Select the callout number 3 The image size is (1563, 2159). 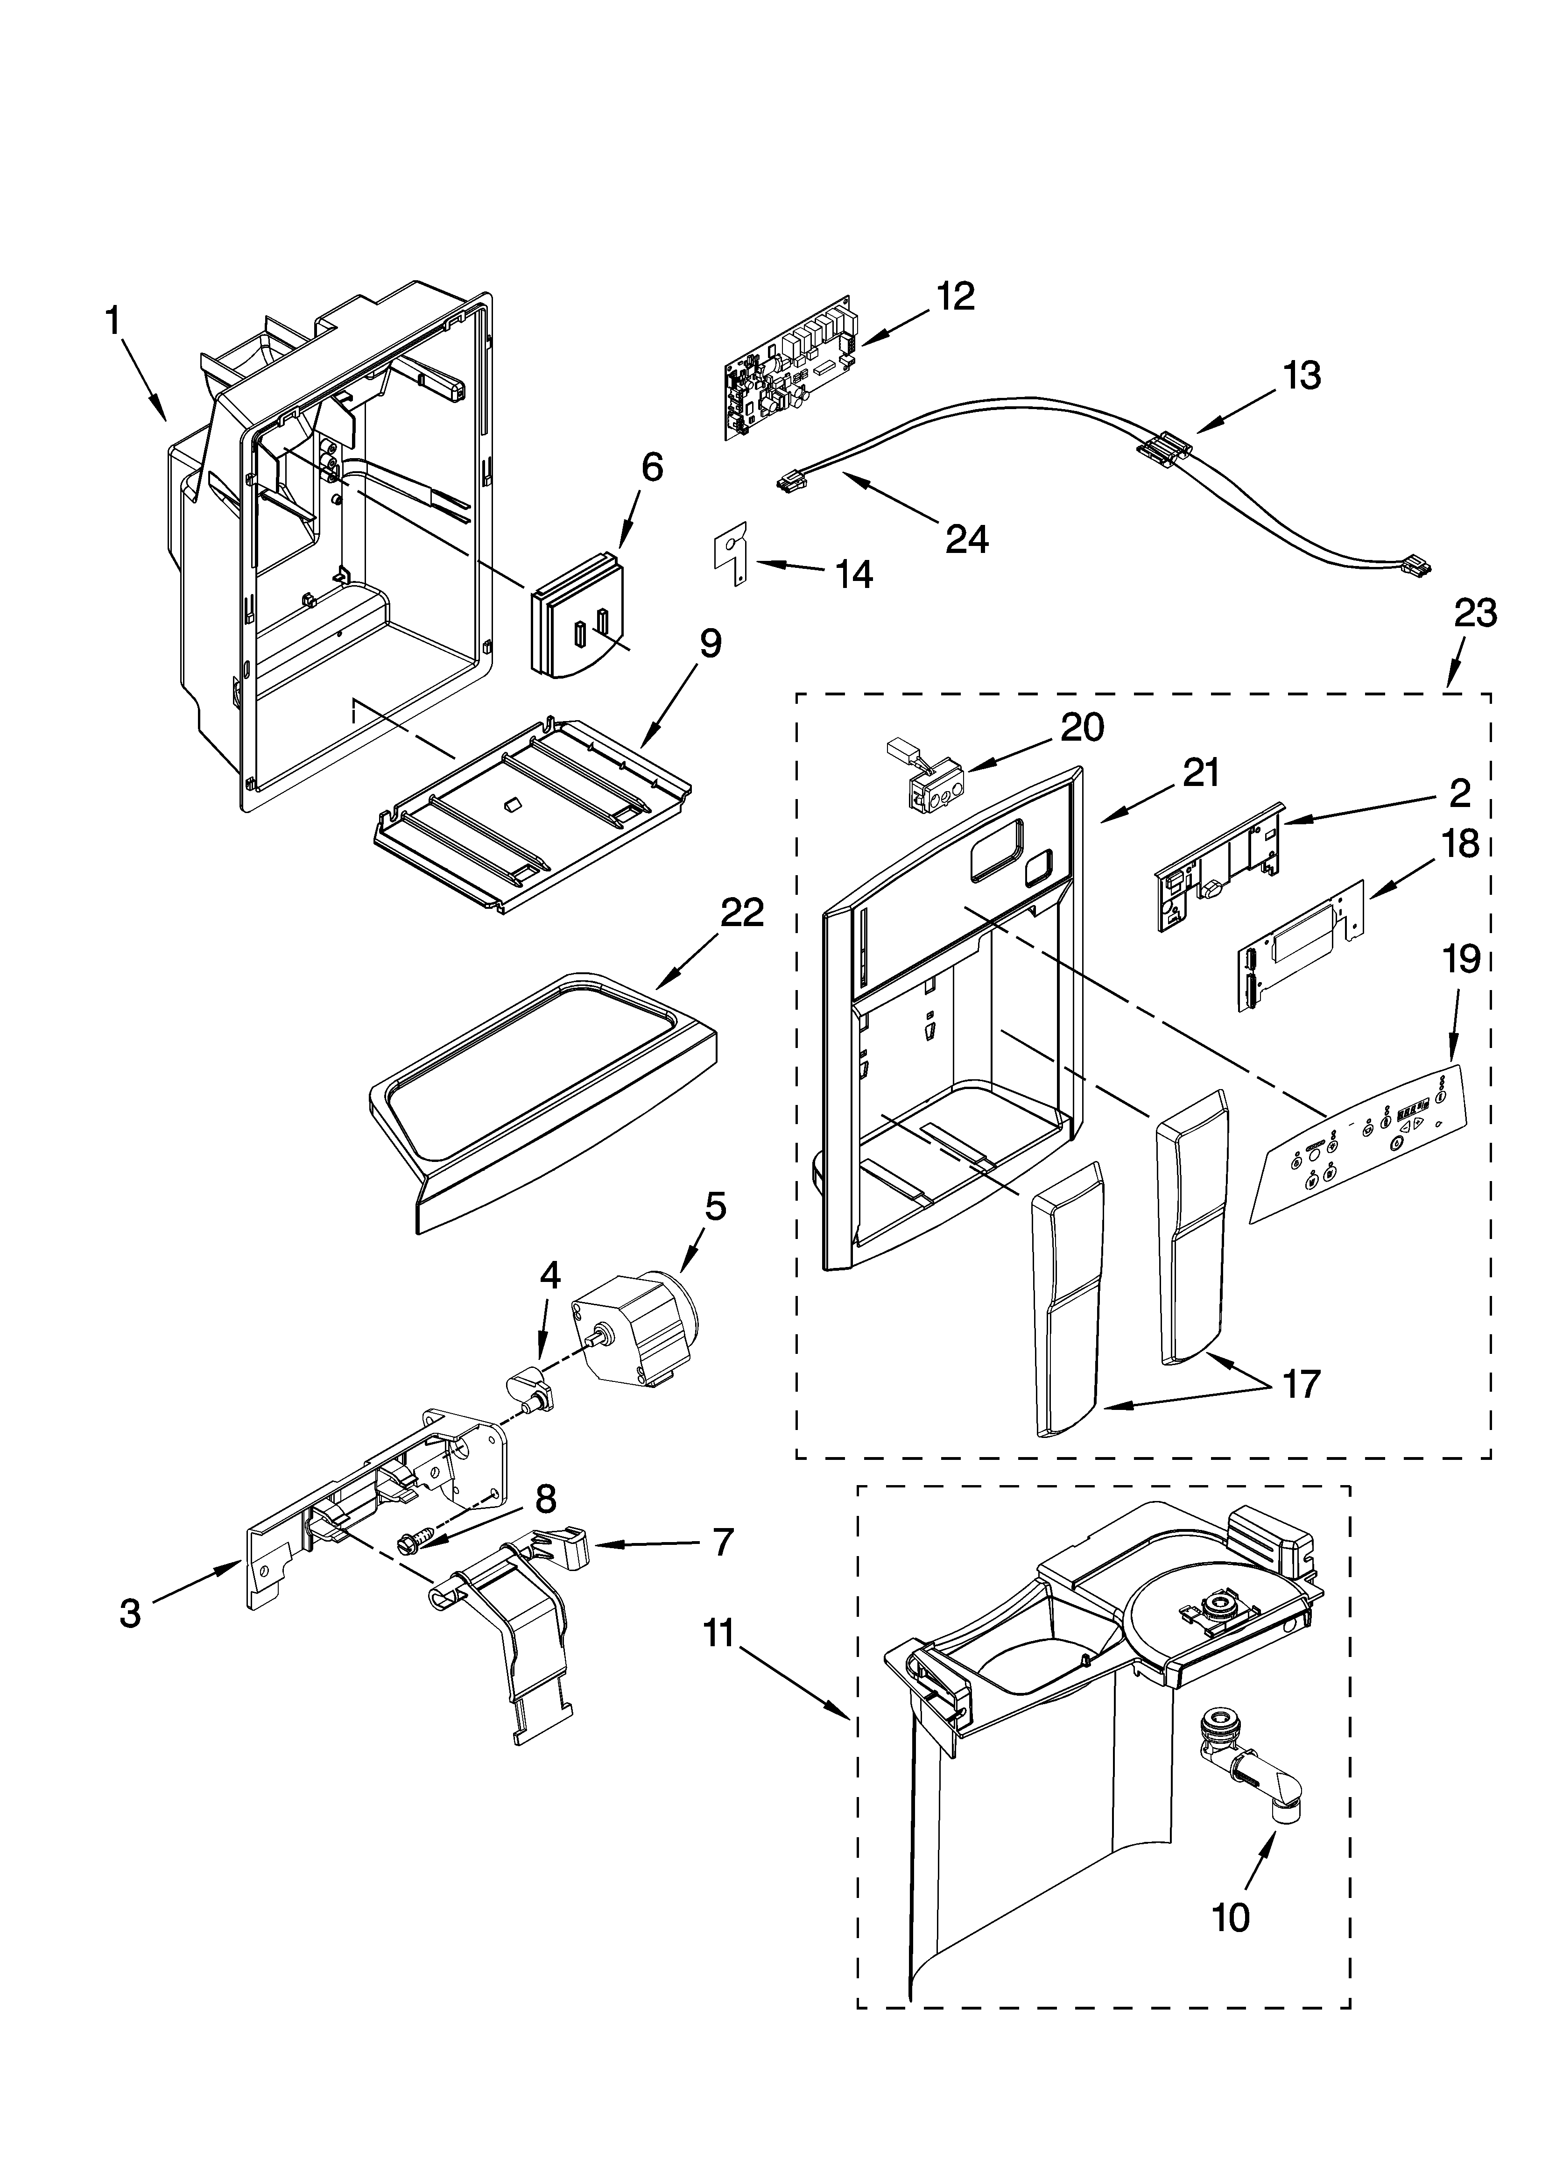pos(130,1612)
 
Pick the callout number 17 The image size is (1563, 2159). pos(1300,1383)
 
